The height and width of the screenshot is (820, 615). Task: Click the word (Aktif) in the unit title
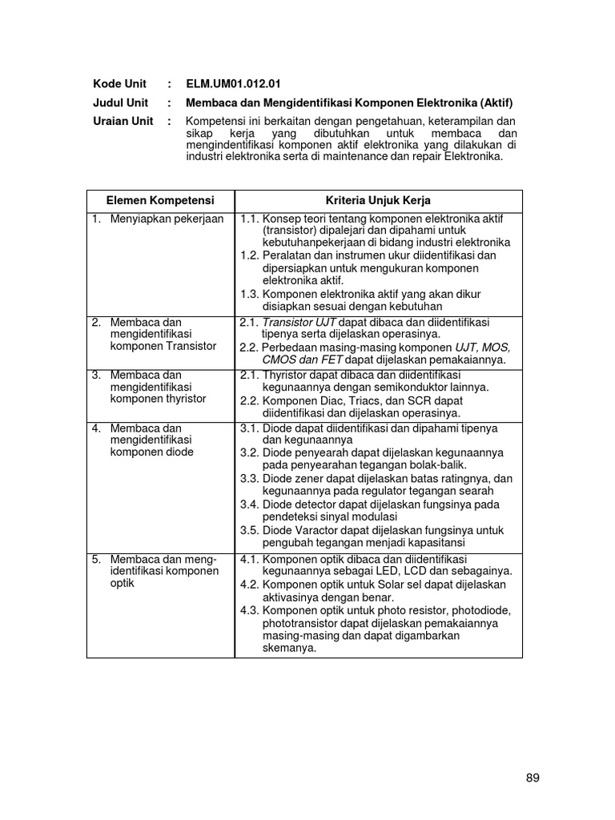click(x=492, y=102)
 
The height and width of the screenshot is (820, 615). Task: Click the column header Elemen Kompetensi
click(x=160, y=199)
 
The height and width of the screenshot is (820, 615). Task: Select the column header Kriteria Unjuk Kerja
click(x=378, y=199)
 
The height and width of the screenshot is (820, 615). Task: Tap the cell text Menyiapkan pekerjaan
click(x=167, y=219)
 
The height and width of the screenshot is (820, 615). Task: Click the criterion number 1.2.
click(x=250, y=255)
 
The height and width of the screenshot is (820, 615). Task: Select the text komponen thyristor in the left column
click(x=158, y=399)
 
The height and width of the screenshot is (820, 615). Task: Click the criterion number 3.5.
click(x=250, y=530)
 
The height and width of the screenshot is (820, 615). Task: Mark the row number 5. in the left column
click(x=96, y=559)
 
